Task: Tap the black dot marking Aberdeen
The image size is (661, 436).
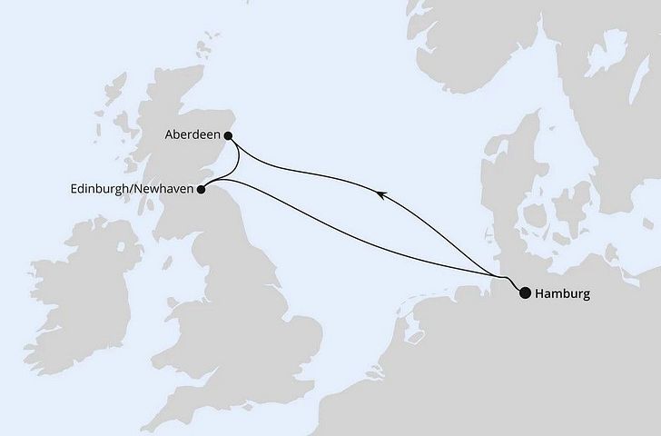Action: pyautogui.click(x=228, y=136)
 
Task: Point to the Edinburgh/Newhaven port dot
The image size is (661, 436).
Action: pyautogui.click(x=202, y=189)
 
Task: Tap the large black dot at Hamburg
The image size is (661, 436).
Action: pyautogui.click(x=525, y=292)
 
